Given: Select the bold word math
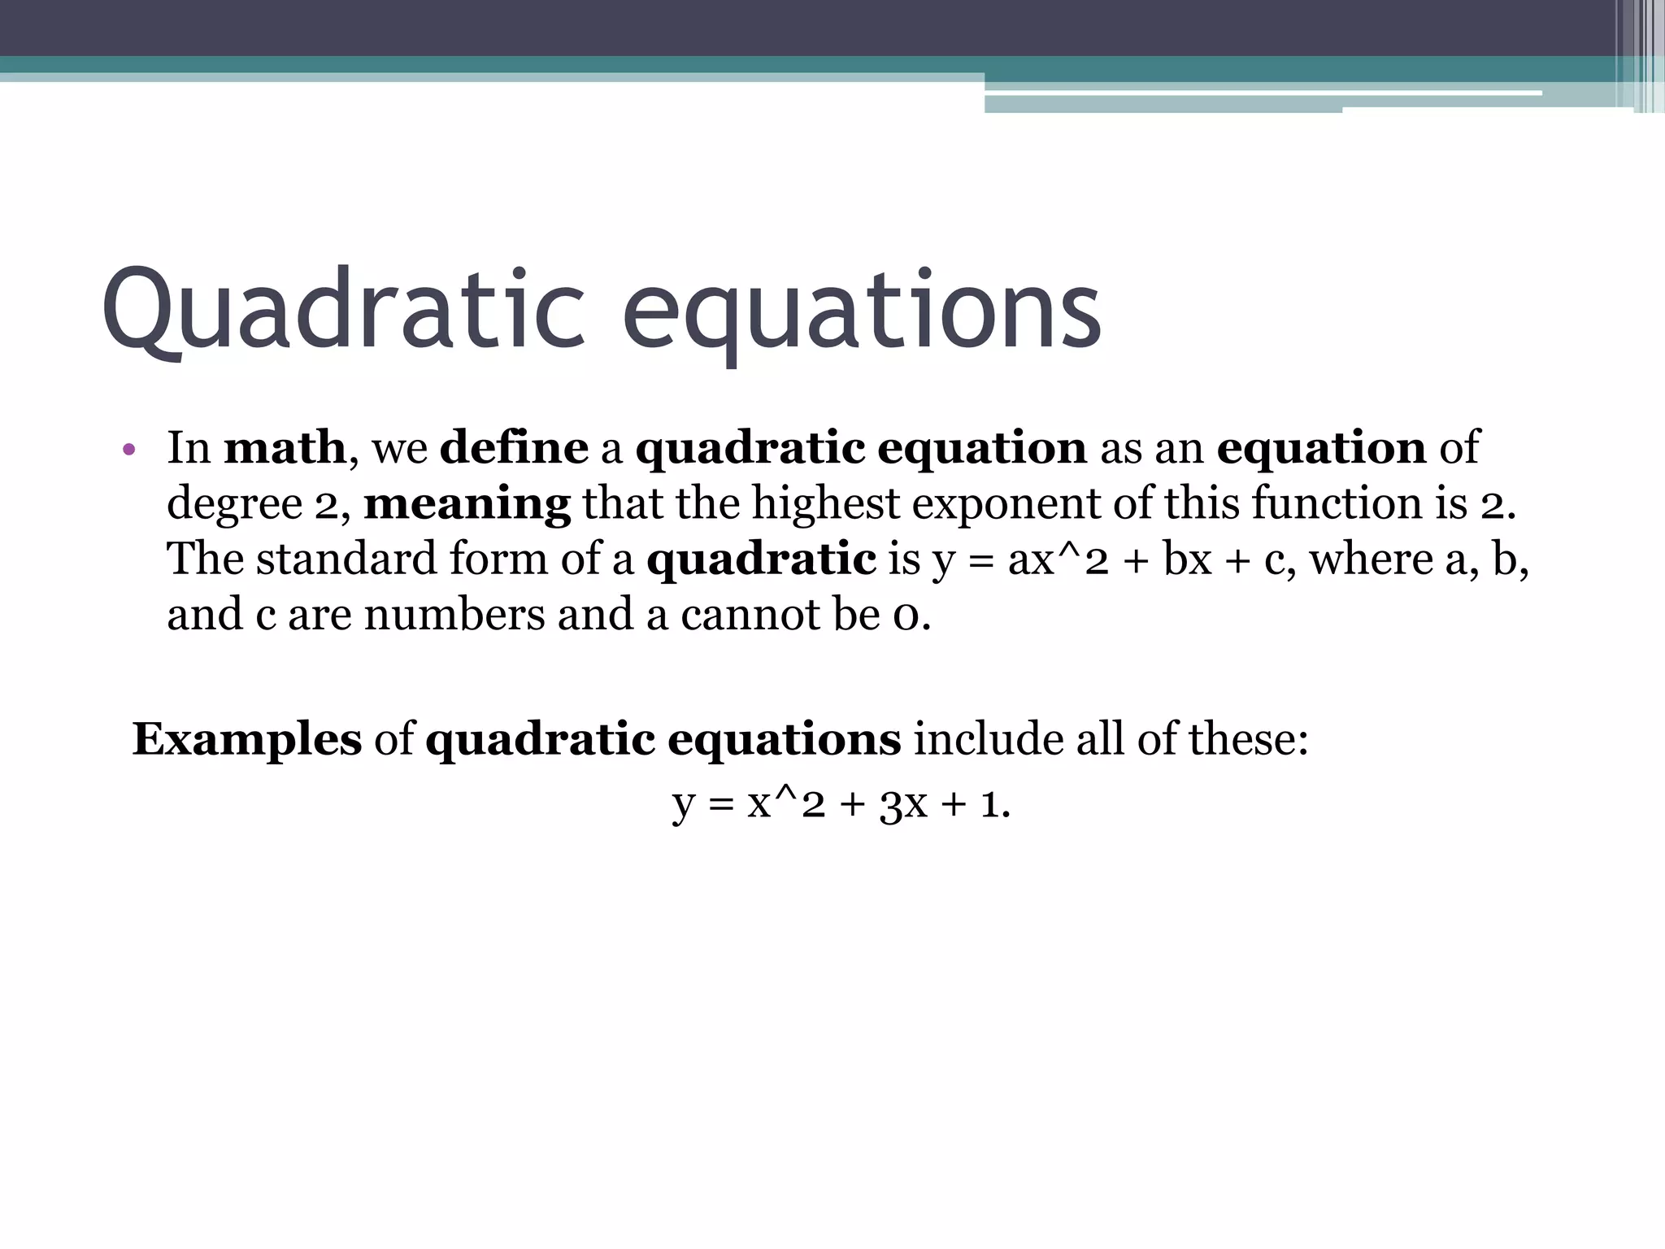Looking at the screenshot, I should [x=285, y=448].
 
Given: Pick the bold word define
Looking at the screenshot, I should [x=514, y=448].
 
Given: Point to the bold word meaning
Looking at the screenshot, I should [x=467, y=503].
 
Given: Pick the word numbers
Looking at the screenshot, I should [x=454, y=615].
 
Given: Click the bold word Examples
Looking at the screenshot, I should [x=247, y=740].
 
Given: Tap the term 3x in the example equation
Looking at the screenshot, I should [x=903, y=805].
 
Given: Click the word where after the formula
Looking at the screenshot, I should [x=1371, y=560].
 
